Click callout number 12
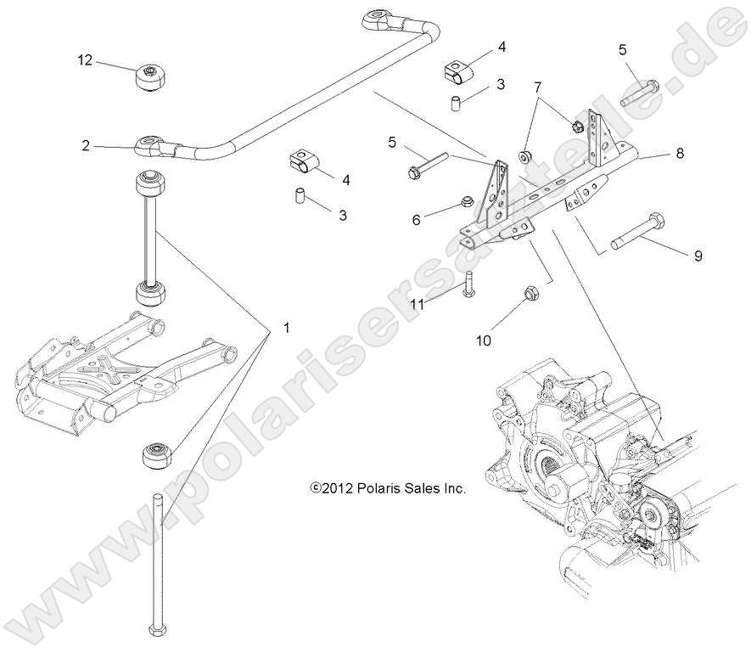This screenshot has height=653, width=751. pyautogui.click(x=84, y=60)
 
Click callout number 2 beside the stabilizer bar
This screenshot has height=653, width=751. pyautogui.click(x=86, y=145)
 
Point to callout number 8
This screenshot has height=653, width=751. pyautogui.click(x=680, y=154)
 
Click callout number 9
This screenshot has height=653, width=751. pyautogui.click(x=698, y=255)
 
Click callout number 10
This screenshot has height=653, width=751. pyautogui.click(x=483, y=341)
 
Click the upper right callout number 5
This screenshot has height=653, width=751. pyautogui.click(x=622, y=50)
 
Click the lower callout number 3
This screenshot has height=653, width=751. pyautogui.click(x=343, y=216)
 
